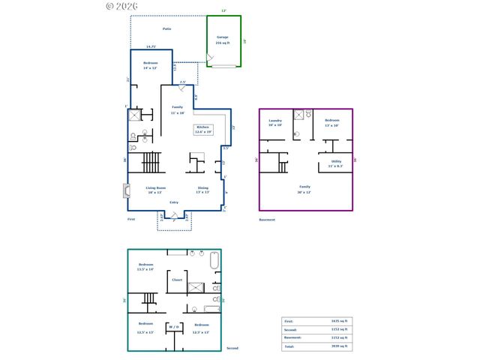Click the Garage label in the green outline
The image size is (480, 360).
tap(223, 37)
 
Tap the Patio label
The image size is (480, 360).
tap(167, 28)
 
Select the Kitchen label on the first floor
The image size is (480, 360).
tap(203, 127)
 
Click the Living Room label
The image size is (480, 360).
tap(156, 187)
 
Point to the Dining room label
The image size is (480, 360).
tap(203, 187)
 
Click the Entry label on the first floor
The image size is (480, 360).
tap(174, 202)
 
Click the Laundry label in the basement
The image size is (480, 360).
tap(275, 121)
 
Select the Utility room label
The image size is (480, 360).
tap(336, 161)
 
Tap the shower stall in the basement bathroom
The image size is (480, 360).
tap(298, 115)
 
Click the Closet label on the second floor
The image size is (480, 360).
tap(177, 280)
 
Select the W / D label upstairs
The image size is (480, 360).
tap(174, 326)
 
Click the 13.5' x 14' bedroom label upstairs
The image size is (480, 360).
tap(145, 266)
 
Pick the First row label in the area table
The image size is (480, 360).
tap(289, 320)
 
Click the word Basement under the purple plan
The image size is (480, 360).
tap(267, 220)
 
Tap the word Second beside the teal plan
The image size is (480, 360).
tap(232, 348)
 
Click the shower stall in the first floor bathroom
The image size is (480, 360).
tap(135, 115)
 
